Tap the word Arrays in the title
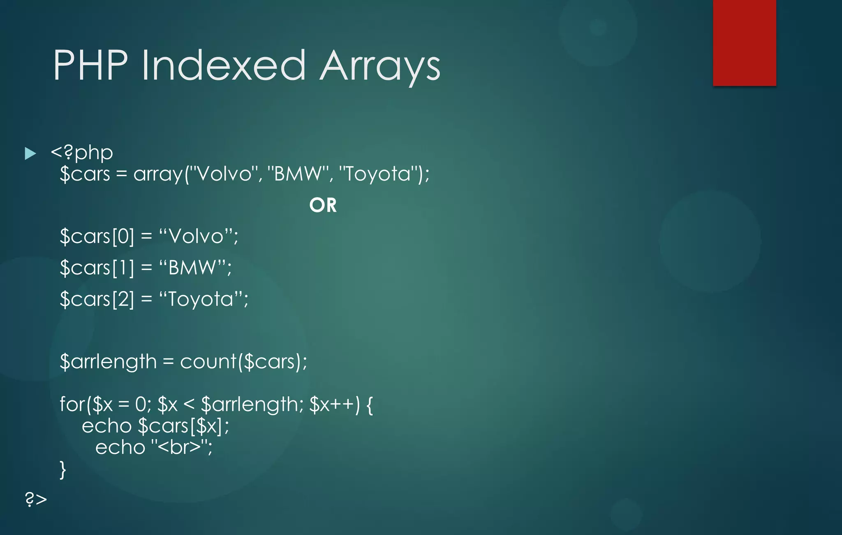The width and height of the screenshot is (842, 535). coord(380,66)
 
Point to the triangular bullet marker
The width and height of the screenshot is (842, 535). coord(30,154)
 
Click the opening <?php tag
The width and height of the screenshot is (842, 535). coord(82,153)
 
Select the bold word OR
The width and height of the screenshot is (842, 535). coord(323,205)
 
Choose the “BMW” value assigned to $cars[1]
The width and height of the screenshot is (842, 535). coord(193,268)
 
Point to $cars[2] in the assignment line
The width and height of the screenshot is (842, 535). coord(97,299)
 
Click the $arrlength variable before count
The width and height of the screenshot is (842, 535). coord(108,362)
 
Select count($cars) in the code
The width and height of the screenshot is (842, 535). coord(243,362)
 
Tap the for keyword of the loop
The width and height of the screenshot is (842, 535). coord(72,404)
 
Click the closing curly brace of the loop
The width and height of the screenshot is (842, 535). coord(62,470)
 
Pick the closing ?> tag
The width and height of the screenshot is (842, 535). coord(36,499)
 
